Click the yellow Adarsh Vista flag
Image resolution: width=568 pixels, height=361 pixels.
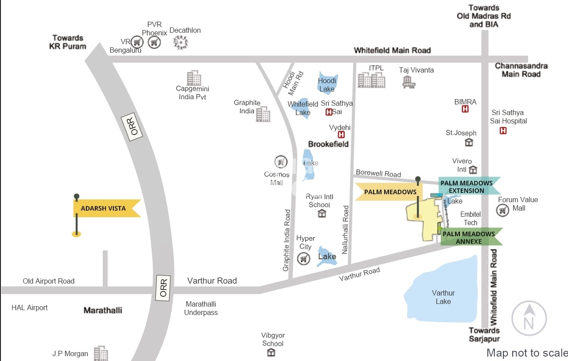[x=104, y=208]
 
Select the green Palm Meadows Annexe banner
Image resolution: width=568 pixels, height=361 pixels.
[x=469, y=238]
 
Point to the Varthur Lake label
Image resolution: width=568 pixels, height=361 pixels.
[x=443, y=297]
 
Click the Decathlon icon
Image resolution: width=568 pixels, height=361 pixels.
[x=180, y=42]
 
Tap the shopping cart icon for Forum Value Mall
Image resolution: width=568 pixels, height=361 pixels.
[x=503, y=211]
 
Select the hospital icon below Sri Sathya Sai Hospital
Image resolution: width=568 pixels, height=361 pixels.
[x=503, y=131]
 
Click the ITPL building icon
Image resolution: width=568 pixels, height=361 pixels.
[x=371, y=81]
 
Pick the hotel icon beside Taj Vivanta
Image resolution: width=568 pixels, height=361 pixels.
[x=408, y=82]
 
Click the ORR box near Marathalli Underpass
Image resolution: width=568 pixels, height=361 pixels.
[x=164, y=288]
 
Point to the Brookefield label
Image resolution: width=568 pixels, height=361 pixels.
[x=328, y=144]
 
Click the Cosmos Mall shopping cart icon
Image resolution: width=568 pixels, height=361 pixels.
[x=281, y=162]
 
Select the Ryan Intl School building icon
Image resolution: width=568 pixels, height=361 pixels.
[x=322, y=214]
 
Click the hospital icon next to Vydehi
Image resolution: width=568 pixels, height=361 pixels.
[x=342, y=134]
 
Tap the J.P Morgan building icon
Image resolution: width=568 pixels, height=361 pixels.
[x=101, y=353]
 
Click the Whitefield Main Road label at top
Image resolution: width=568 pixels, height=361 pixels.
[x=392, y=50]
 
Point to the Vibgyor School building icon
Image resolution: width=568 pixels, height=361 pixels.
[x=271, y=353]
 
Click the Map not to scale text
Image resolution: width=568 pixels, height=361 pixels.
[x=527, y=353]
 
